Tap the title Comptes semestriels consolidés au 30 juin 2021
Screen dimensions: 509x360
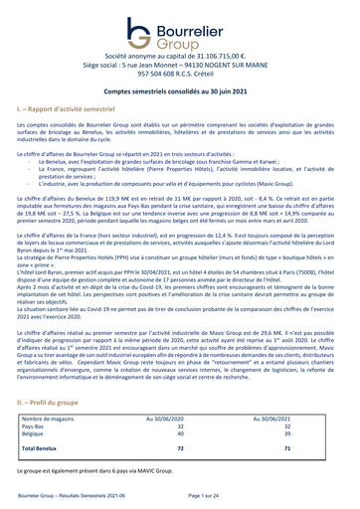pos(179,89)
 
